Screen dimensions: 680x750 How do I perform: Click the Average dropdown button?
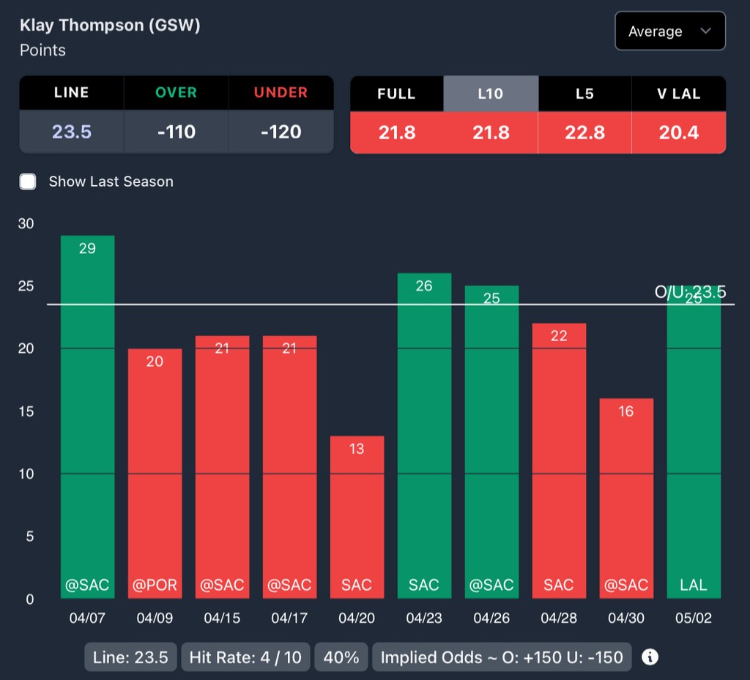(670, 31)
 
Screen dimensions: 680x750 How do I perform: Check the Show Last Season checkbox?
(28, 182)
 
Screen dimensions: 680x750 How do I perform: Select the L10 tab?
(491, 94)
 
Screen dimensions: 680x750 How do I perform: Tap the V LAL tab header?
(678, 94)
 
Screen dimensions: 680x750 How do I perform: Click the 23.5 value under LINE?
(72, 132)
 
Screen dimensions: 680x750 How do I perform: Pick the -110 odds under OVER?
(177, 132)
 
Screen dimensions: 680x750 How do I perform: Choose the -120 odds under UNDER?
(281, 132)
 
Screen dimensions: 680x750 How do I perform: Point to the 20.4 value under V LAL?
(678, 132)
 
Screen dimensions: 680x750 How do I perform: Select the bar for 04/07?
(87, 417)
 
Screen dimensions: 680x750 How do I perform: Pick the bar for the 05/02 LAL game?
(694, 447)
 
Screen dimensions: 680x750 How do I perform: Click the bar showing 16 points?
(626, 498)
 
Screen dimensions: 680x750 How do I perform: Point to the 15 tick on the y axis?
(26, 411)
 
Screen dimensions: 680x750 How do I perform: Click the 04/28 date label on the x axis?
(559, 619)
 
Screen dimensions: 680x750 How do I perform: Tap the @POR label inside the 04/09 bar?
(155, 585)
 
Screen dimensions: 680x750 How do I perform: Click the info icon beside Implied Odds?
(650, 657)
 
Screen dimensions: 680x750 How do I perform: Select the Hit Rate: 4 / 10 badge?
(245, 657)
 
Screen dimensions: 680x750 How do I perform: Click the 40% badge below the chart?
(341, 657)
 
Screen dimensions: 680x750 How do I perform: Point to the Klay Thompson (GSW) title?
(110, 25)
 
